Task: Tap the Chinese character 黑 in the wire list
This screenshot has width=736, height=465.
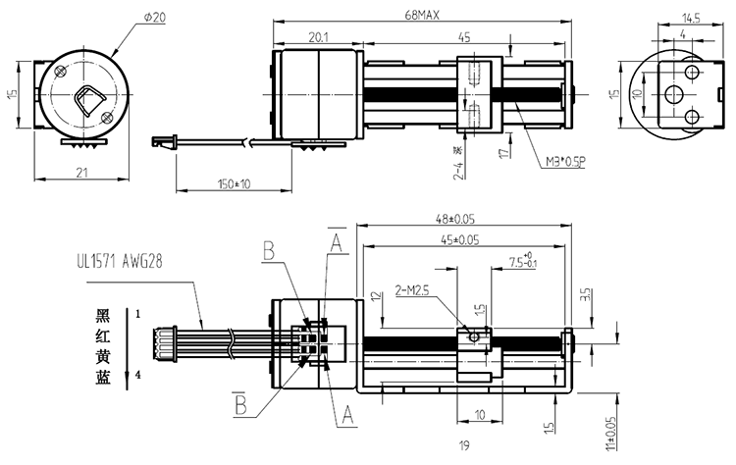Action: coord(102,315)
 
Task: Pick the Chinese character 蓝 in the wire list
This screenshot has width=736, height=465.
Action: coord(102,374)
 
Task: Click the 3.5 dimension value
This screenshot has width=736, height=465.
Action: coord(587,293)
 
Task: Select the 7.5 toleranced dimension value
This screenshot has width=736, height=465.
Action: coord(524,263)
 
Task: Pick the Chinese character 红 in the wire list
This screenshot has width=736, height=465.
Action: coord(102,335)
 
